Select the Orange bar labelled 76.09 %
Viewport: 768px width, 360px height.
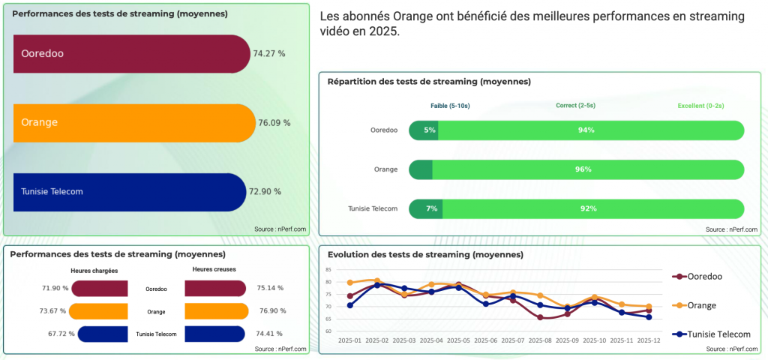135,123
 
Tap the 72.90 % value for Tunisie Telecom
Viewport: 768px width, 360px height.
265,191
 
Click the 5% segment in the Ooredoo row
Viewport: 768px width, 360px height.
429,130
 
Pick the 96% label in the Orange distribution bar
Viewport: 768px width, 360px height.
583,169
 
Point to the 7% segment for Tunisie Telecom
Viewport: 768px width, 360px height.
431,208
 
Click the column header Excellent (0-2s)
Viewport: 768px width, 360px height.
700,106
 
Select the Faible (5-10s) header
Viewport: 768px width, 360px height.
450,106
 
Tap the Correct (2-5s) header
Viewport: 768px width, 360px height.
576,106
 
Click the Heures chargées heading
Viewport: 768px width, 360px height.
94,271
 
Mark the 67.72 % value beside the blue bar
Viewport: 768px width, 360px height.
59,334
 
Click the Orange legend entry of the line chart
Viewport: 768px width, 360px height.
700,305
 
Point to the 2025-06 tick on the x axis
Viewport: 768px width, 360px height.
486,340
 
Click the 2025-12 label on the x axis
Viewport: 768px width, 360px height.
649,340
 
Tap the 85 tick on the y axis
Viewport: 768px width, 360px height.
328,270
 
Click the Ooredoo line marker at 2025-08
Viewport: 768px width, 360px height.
540,317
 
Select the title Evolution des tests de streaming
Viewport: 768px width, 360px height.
425,255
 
